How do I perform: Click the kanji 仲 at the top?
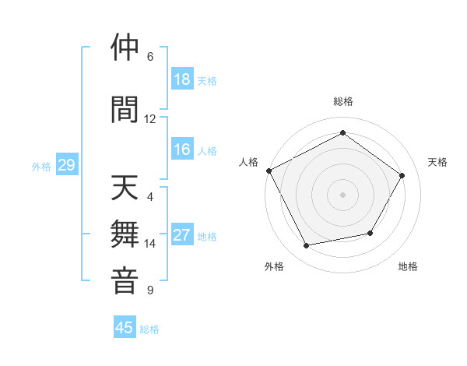click(x=125, y=48)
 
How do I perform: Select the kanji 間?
click(x=125, y=108)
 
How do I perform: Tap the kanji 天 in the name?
click(x=125, y=188)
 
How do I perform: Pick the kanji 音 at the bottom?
click(x=125, y=281)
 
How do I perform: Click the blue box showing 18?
click(x=182, y=79)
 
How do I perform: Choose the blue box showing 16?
click(x=182, y=150)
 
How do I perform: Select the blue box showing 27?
click(x=182, y=235)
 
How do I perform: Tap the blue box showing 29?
click(x=66, y=165)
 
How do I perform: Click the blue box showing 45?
click(x=125, y=328)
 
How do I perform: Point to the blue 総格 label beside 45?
click(x=149, y=329)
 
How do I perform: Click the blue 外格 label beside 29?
click(x=41, y=167)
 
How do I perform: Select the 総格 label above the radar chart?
click(x=342, y=101)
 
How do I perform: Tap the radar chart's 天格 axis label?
click(x=437, y=162)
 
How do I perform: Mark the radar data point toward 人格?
click(x=269, y=171)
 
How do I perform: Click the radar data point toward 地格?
click(x=370, y=233)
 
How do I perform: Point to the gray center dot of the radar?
click(x=342, y=194)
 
